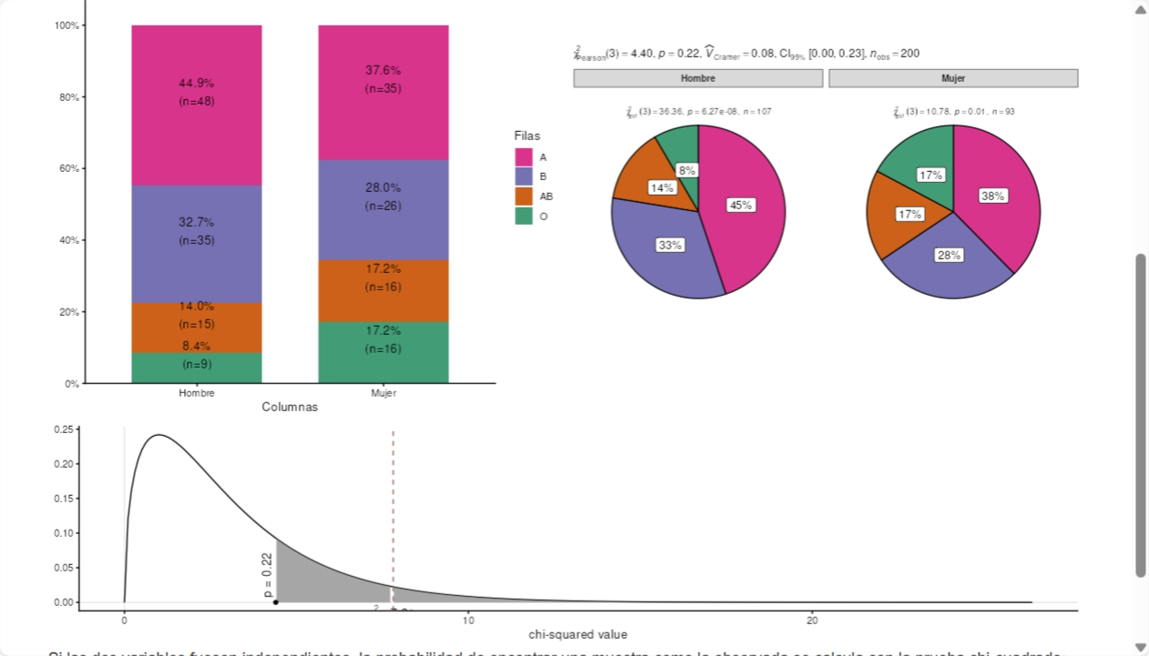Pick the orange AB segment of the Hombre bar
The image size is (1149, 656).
(x=197, y=328)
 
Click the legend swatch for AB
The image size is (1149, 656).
(x=524, y=197)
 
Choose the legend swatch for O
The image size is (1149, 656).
(x=524, y=217)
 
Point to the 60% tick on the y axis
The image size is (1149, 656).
(x=67, y=168)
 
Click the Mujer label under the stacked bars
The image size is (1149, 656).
(x=383, y=393)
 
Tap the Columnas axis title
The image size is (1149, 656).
(x=290, y=407)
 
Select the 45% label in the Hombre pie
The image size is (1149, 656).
(x=740, y=205)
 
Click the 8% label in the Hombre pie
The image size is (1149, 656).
(x=686, y=170)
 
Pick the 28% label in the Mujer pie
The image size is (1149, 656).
(x=949, y=255)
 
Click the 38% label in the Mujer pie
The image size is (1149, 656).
(x=993, y=196)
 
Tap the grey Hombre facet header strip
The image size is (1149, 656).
(x=698, y=78)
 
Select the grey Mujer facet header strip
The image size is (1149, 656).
(x=953, y=78)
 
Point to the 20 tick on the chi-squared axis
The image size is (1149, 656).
(x=813, y=620)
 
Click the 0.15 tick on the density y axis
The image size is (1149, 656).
(x=64, y=499)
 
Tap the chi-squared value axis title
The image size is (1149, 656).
(x=577, y=634)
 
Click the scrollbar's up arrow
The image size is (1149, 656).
(x=1141, y=10)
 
